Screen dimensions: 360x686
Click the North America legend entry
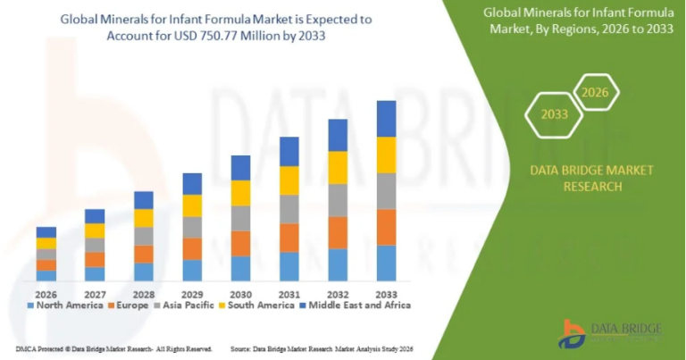pyautogui.click(x=67, y=306)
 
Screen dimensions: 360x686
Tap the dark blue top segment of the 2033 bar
pyautogui.click(x=386, y=118)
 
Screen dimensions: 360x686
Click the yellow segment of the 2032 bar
pyautogui.click(x=338, y=167)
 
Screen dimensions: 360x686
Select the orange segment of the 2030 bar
pyautogui.click(x=241, y=243)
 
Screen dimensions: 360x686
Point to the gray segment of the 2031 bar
pyautogui.click(x=289, y=208)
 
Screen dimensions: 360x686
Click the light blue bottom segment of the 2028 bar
pyautogui.click(x=144, y=272)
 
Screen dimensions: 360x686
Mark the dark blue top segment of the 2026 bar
pyautogui.click(x=46, y=231)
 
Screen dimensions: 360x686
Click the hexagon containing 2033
pyautogui.click(x=553, y=114)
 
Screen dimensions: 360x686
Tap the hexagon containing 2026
pyautogui.click(x=594, y=92)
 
